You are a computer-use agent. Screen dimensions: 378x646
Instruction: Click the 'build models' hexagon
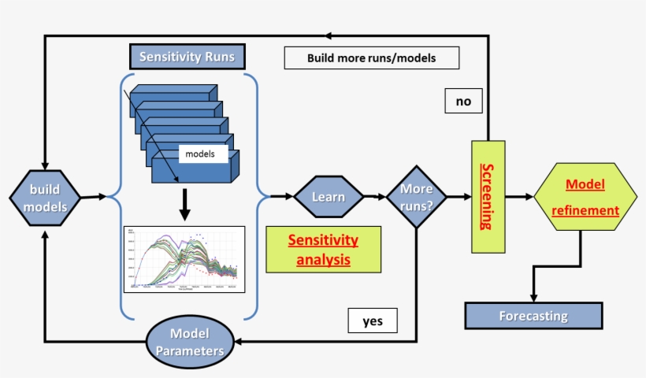(45, 197)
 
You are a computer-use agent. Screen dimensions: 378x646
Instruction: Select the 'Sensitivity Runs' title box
(186, 57)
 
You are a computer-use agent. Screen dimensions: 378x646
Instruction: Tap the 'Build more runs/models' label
(371, 57)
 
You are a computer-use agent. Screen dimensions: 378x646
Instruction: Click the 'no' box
(462, 101)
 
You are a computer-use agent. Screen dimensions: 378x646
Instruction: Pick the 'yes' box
(372, 321)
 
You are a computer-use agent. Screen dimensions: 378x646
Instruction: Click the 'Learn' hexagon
(328, 196)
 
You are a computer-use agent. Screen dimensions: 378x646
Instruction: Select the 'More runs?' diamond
(416, 196)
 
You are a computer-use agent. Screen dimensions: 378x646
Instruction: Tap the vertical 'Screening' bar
(487, 197)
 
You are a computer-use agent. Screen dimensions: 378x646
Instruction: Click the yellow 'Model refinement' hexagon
(585, 196)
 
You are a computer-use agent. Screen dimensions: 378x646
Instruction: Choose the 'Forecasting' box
(533, 316)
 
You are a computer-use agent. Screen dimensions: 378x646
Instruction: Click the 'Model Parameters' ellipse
(191, 341)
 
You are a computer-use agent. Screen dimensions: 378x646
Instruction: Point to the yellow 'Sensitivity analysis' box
(323, 249)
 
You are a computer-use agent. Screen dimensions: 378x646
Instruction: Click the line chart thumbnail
(184, 259)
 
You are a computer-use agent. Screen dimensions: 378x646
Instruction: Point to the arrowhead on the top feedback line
(329, 35)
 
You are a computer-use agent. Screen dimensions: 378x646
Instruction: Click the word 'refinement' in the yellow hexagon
(585, 210)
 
